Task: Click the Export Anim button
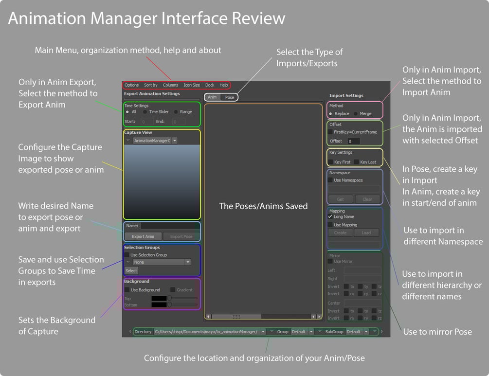[x=143, y=236]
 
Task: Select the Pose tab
[x=229, y=97]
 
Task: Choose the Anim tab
[x=212, y=97]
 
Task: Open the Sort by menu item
[x=151, y=85]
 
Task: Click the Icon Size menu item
[x=192, y=85]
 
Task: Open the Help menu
[x=224, y=85]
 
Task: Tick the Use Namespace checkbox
[x=331, y=180]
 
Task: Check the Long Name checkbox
[x=331, y=217]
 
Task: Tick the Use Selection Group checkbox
[x=127, y=255]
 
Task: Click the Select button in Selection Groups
[x=131, y=270]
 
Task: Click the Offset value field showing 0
[x=353, y=141]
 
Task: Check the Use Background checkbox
[x=127, y=290]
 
